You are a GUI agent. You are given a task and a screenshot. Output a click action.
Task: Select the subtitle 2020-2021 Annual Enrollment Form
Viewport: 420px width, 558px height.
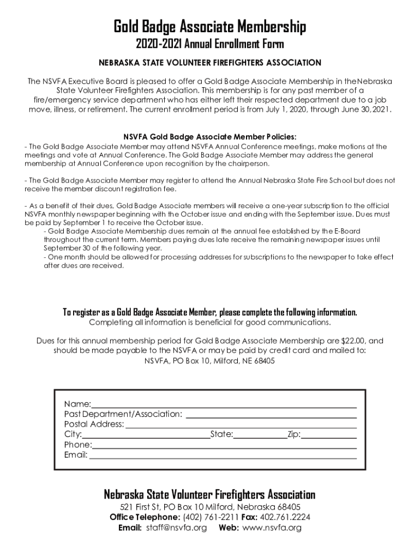click(209, 44)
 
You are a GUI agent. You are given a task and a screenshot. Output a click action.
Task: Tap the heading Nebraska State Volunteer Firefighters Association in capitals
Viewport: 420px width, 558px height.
click(209, 63)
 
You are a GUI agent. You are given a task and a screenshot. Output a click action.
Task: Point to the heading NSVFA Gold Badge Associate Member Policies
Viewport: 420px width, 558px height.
click(210, 137)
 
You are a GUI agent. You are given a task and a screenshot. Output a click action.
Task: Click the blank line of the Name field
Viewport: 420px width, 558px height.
click(224, 406)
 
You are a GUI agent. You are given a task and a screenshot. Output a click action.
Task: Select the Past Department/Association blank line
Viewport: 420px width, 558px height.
click(271, 416)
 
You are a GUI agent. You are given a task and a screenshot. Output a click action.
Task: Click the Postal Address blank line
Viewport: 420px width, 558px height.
click(241, 426)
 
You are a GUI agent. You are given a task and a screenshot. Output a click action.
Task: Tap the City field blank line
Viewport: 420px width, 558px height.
click(146, 436)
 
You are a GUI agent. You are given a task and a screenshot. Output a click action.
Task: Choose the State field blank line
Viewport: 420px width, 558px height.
click(260, 436)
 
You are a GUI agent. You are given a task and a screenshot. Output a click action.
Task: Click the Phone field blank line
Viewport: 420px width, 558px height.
click(224, 446)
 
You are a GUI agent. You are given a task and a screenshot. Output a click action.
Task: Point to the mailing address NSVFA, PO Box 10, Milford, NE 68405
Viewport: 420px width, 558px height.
click(209, 361)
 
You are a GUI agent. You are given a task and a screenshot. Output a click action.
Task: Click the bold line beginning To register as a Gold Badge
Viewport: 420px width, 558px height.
click(210, 312)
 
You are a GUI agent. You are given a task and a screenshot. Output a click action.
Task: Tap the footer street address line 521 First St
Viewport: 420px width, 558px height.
click(209, 507)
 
